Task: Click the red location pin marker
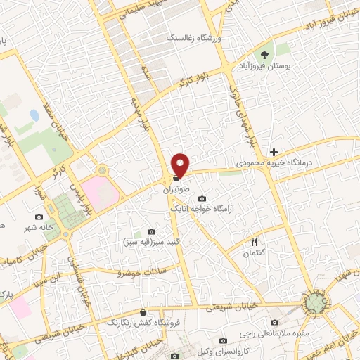[x=181, y=165]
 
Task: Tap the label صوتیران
[x=176, y=190]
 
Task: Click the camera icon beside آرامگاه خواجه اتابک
[x=202, y=198]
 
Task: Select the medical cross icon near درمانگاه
[x=274, y=152]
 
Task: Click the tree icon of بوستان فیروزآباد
[x=265, y=54]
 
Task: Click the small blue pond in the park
[x=34, y=114]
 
